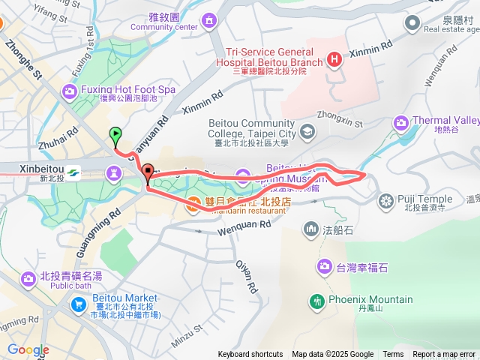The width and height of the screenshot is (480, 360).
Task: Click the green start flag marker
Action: pos(115,136)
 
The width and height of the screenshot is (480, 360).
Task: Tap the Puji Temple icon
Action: pos(386,200)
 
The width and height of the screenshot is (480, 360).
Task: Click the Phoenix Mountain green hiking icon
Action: pos(318,301)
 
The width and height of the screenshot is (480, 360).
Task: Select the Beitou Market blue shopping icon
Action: pos(79,304)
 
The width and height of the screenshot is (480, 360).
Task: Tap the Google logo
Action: pos(28,349)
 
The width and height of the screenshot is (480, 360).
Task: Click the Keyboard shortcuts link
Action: pos(250,354)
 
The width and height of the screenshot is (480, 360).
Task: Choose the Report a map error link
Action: pos(444,354)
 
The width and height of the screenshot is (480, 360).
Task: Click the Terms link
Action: pos(393,354)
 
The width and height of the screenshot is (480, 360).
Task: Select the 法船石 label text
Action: pos(338,228)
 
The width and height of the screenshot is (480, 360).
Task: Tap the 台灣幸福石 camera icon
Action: pos(325,265)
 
